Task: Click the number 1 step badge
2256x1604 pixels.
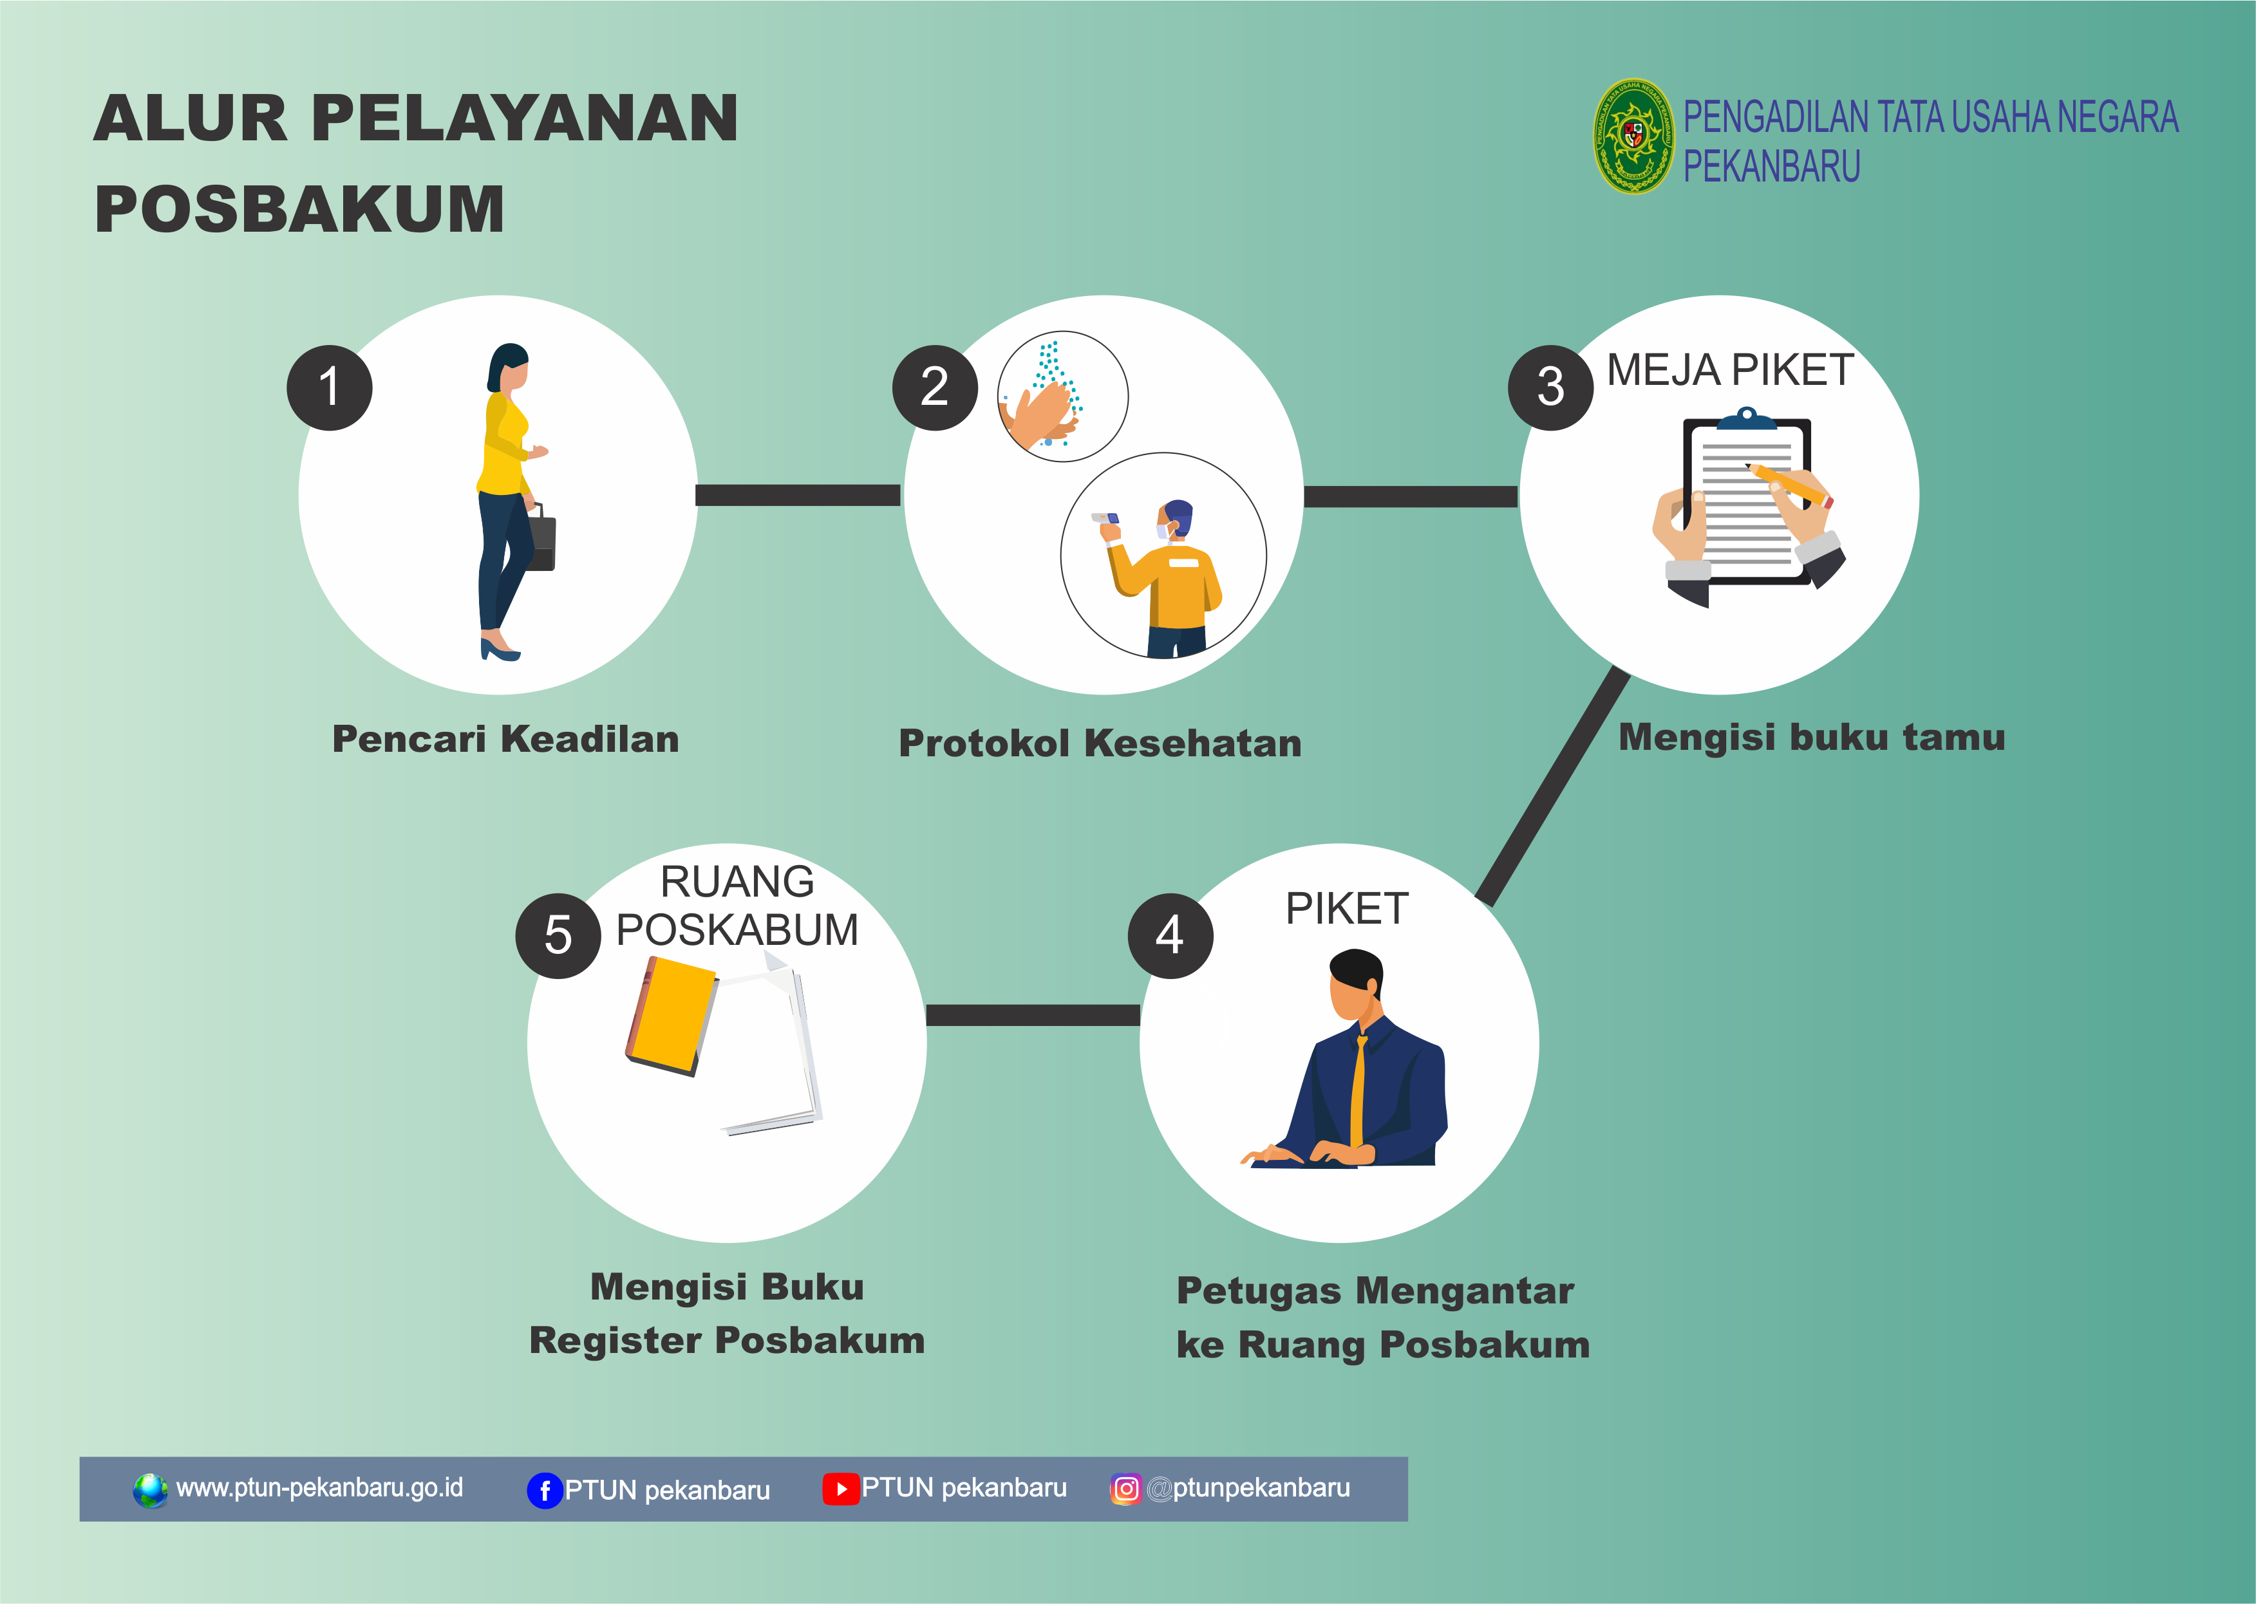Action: tap(329, 387)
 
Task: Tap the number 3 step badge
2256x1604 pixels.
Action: tap(1550, 387)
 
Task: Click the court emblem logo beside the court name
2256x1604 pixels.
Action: tap(1633, 136)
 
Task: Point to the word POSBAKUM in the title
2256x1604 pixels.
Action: tap(299, 209)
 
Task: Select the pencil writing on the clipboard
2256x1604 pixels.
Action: tap(1789, 484)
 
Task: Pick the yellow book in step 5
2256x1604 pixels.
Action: tap(672, 1015)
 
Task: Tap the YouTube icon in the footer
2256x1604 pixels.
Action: tap(841, 1488)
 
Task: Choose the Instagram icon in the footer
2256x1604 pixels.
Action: tap(1125, 1488)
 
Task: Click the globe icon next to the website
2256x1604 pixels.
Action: tap(150, 1489)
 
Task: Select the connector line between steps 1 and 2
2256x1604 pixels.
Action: tap(798, 495)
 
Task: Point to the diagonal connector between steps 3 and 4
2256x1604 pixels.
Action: tap(1552, 786)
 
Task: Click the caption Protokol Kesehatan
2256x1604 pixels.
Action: tap(1100, 743)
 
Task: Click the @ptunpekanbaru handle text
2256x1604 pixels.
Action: tap(1248, 1488)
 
